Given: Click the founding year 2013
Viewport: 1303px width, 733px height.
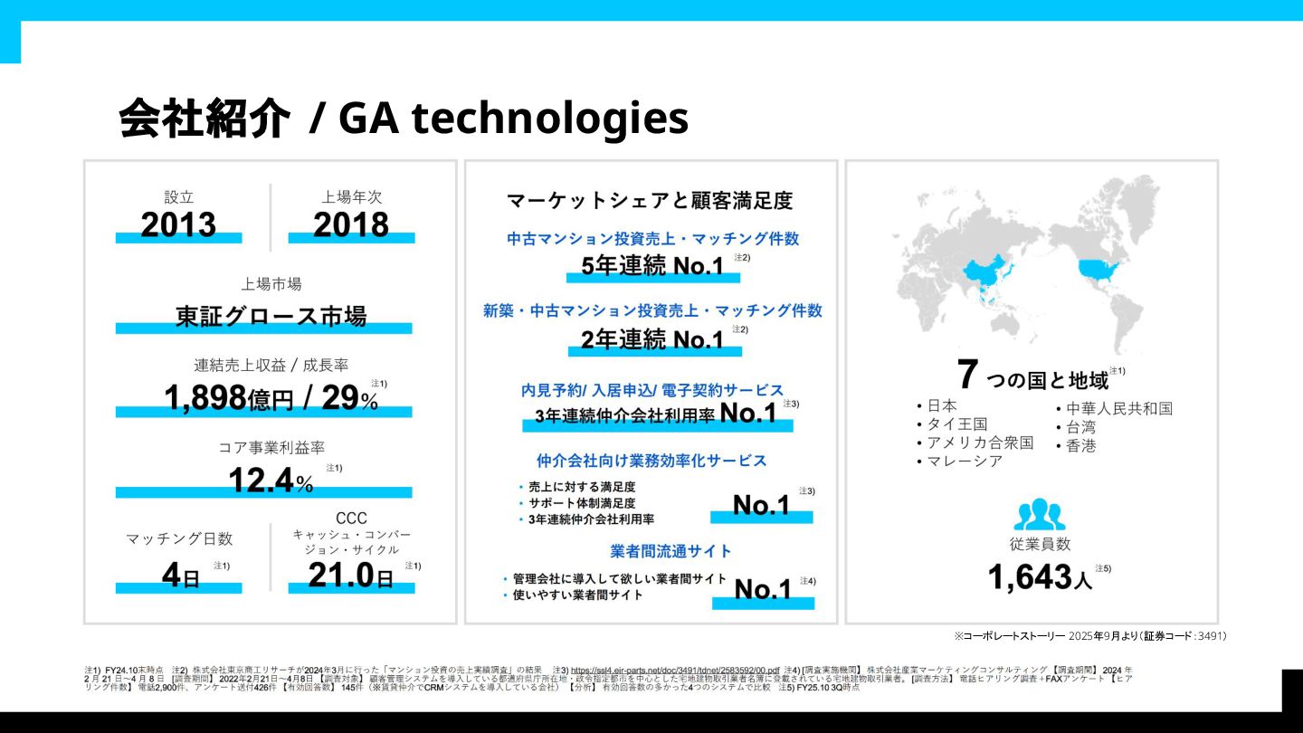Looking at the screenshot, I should (x=178, y=224).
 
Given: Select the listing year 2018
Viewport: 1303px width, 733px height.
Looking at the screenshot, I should (x=351, y=224).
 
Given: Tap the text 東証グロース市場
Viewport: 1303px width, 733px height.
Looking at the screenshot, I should (x=271, y=317).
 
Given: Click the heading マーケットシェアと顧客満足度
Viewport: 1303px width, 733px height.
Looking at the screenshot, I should (x=650, y=200).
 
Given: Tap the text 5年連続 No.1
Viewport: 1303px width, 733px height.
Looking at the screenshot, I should (x=651, y=266).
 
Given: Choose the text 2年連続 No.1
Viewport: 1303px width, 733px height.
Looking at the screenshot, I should (x=651, y=340).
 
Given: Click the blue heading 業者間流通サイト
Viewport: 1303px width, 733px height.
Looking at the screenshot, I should (x=671, y=550).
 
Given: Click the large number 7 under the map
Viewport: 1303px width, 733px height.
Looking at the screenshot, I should (x=968, y=375).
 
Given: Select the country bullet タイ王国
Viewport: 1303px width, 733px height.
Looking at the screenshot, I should (x=956, y=424).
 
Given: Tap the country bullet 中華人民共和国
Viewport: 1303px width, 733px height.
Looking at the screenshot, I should (x=1118, y=408).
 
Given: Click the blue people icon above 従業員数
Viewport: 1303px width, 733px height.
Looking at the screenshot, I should (x=1040, y=514).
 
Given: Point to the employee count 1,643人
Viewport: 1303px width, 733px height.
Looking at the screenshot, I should (x=1040, y=576).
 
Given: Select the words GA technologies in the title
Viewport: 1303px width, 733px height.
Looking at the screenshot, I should (x=513, y=119).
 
